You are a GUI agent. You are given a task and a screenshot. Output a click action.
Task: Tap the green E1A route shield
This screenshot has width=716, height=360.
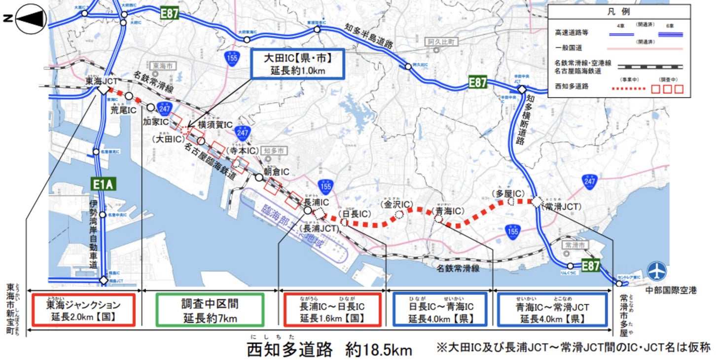(x=103, y=184)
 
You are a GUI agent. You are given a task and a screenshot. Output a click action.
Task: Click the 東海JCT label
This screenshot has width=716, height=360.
(x=102, y=80)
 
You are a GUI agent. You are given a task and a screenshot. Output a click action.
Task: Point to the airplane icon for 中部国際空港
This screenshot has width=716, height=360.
(x=656, y=271)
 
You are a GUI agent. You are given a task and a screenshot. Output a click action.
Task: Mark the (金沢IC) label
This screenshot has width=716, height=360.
(x=396, y=204)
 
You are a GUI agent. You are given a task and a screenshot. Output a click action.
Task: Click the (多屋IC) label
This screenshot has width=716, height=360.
(x=507, y=193)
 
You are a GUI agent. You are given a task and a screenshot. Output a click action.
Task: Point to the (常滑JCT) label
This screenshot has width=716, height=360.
(x=561, y=207)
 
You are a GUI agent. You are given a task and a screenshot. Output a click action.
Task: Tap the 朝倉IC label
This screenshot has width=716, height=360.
(x=276, y=171)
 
